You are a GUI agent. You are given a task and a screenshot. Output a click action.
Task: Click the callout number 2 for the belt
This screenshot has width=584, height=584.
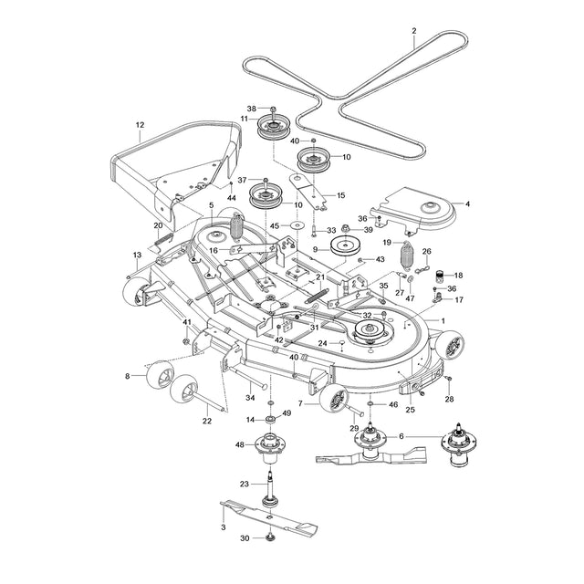point(413,31)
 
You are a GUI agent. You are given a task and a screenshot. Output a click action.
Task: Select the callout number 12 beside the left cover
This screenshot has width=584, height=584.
point(140,124)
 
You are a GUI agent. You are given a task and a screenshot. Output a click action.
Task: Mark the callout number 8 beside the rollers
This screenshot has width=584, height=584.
point(127,376)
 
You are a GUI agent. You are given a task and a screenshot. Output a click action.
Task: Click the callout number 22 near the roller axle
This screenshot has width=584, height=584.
point(206,421)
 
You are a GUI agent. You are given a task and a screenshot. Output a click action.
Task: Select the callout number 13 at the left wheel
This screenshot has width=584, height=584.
point(137,255)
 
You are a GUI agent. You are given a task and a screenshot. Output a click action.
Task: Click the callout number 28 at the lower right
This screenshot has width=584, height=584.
point(449,400)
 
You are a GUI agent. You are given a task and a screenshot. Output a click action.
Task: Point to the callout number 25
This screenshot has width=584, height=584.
point(410,409)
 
